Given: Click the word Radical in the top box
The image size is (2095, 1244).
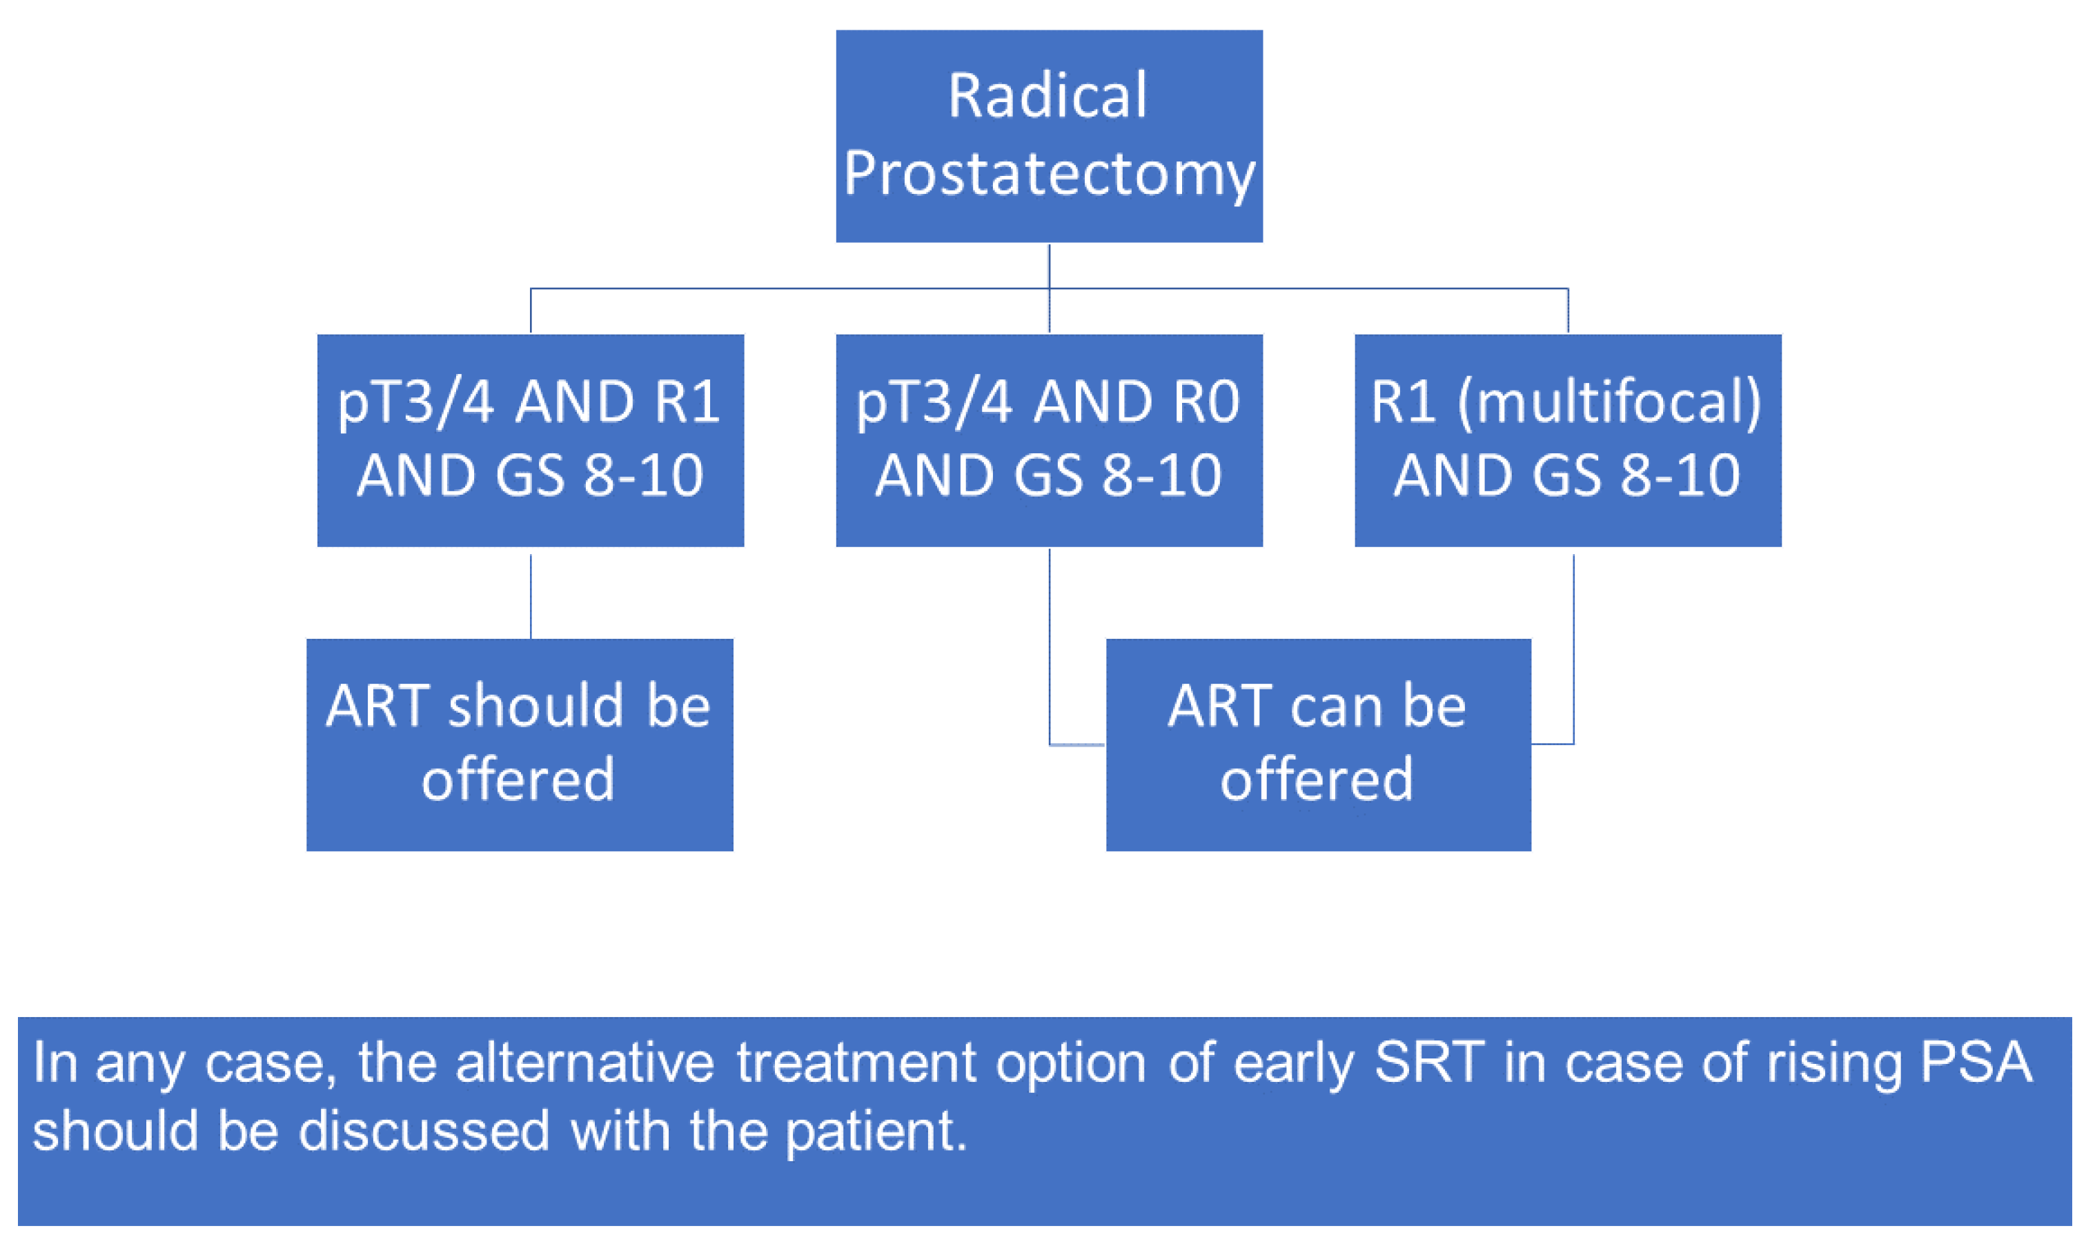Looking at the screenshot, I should coord(1048,96).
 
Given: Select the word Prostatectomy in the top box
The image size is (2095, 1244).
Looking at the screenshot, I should coord(1049,173).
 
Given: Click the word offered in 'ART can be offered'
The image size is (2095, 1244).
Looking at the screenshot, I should coord(1316,780).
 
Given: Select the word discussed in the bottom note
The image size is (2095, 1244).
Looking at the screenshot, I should coord(424,1131).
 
